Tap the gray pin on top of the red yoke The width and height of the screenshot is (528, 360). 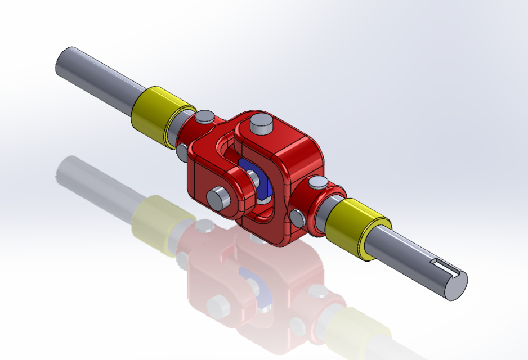[x=261, y=123]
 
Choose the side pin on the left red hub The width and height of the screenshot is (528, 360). [x=182, y=151]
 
